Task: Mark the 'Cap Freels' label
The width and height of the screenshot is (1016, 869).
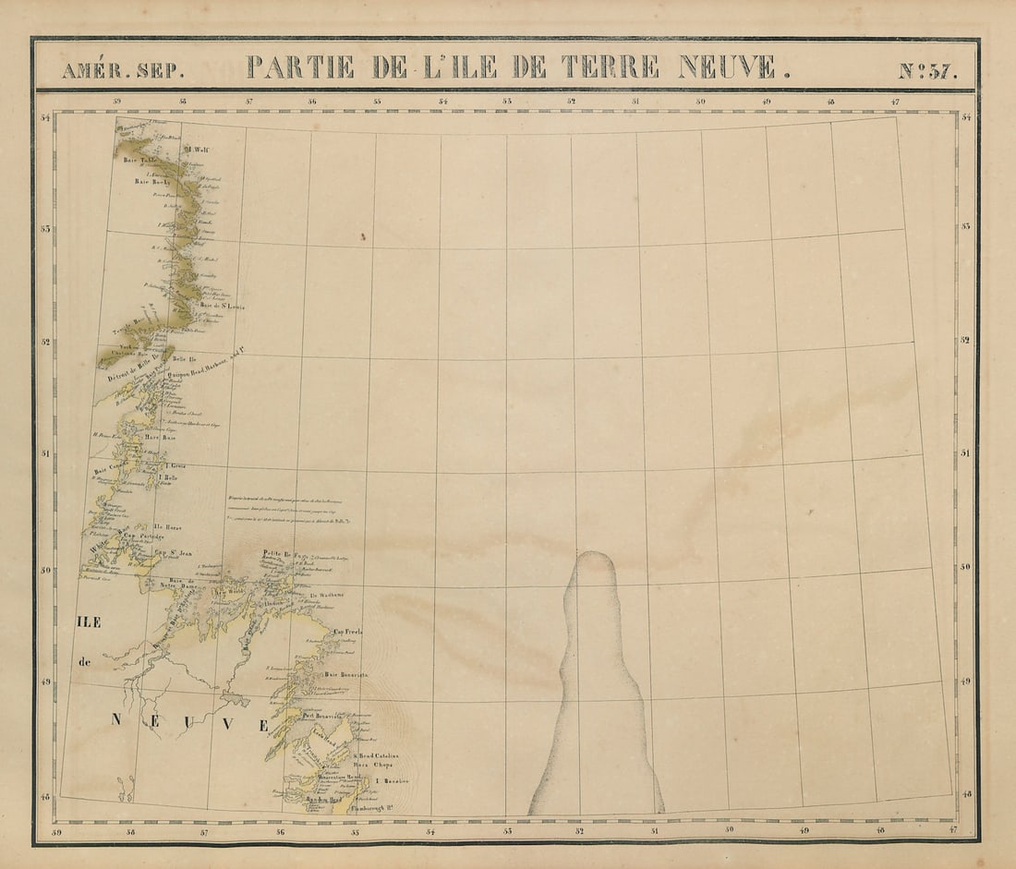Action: [348, 632]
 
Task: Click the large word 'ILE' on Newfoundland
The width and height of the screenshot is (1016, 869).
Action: [90, 622]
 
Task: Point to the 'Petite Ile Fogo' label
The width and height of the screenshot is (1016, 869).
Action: [277, 554]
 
